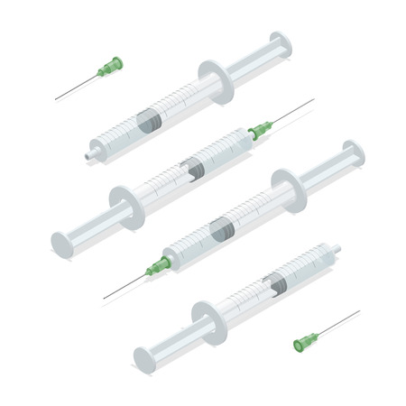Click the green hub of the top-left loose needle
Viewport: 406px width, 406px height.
click(111, 66)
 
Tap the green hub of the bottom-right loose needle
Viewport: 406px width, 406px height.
click(307, 341)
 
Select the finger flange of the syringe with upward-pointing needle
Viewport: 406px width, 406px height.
click(124, 204)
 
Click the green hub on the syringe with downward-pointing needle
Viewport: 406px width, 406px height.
click(160, 265)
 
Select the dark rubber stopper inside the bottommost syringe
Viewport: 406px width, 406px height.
click(276, 283)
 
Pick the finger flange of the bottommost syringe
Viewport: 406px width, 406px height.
click(208, 321)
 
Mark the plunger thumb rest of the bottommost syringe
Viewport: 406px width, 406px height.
click(144, 358)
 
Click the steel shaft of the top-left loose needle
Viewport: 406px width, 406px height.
click(77, 87)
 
